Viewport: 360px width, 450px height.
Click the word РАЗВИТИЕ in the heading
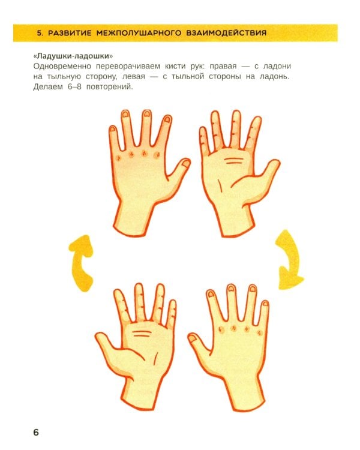click(70, 33)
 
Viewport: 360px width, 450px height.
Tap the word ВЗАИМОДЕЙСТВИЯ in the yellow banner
click(226, 33)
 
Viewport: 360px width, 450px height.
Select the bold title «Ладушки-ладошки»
click(73, 55)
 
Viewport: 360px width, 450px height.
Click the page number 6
click(36, 432)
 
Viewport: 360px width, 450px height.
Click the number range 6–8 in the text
click(74, 86)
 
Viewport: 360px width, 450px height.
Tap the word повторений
click(110, 87)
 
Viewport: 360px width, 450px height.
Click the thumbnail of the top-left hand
click(186, 164)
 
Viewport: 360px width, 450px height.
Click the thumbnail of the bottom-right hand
click(192, 338)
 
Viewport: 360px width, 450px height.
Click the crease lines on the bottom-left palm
click(142, 334)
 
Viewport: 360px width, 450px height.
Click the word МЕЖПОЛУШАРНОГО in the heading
click(139, 33)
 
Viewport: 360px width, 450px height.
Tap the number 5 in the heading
click(40, 33)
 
